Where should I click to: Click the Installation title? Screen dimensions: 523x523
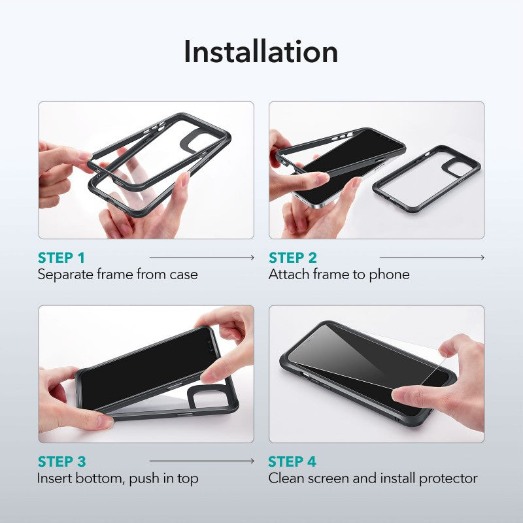[x=261, y=52]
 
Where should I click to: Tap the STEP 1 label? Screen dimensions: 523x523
[x=61, y=258]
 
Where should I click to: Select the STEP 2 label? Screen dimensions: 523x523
[x=292, y=258]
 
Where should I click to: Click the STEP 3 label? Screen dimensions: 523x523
[x=61, y=462]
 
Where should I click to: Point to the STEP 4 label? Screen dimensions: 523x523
[x=292, y=462]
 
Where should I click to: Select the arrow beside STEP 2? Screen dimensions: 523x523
[x=431, y=258]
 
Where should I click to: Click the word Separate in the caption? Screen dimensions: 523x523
[x=65, y=275]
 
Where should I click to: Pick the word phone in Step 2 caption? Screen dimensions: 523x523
[x=389, y=275]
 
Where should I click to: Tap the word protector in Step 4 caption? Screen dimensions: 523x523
[x=448, y=479]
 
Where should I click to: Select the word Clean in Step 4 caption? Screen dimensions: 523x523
[x=286, y=479]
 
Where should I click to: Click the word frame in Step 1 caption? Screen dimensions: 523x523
[x=114, y=275]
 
